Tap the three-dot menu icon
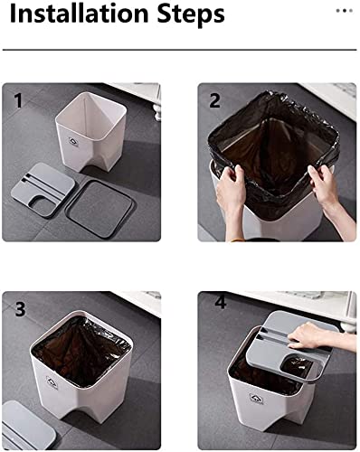coord(344,11)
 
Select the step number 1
coord(18,99)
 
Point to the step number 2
coord(214,99)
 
